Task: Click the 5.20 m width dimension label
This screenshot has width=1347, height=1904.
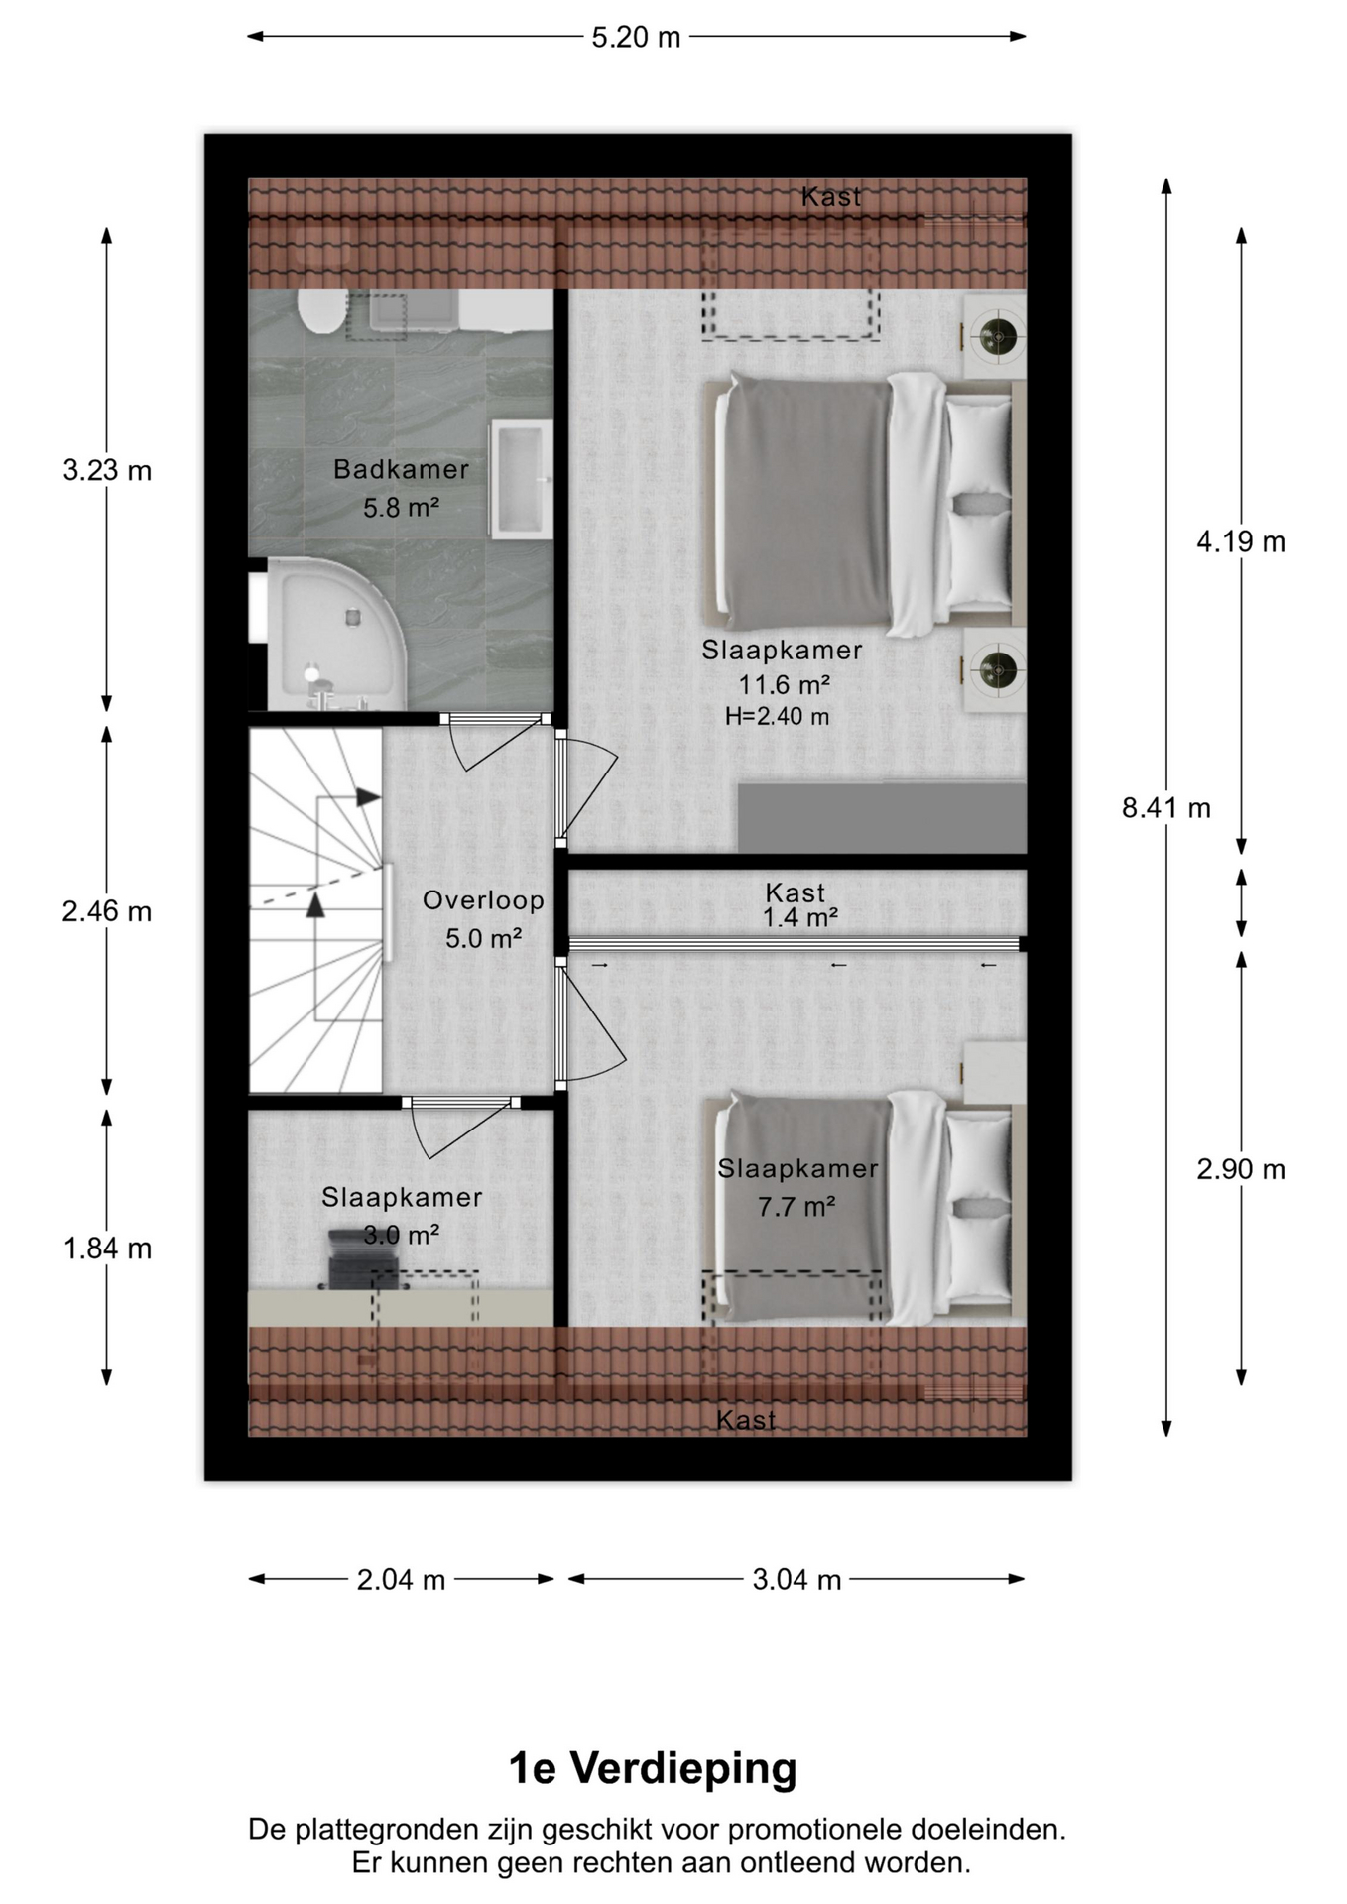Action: coord(636,37)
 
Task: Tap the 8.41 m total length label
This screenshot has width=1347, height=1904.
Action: coord(1166,808)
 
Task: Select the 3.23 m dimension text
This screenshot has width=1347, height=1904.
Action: coord(107,470)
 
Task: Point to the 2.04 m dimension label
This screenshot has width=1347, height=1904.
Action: coord(401,1579)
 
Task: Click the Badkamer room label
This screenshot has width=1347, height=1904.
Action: coord(401,469)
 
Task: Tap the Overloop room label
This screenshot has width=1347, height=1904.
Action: coord(483,900)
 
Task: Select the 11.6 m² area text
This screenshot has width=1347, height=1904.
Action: coord(784,684)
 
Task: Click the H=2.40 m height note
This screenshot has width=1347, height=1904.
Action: coord(778,716)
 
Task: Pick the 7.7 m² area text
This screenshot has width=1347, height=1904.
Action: coord(796,1207)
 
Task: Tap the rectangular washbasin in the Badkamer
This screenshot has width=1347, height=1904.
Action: coord(521,478)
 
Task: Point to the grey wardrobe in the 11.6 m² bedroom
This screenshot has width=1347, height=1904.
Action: coord(882,817)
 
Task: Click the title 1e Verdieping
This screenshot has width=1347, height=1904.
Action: coord(653,1768)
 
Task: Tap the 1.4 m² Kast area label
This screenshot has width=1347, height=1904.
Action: coord(799,918)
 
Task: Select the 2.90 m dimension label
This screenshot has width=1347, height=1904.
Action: coord(1241,1169)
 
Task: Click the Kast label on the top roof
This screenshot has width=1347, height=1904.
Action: coord(831,197)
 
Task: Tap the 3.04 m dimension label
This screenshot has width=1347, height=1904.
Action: coord(796,1579)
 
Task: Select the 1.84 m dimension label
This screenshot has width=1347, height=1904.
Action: coord(107,1249)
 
